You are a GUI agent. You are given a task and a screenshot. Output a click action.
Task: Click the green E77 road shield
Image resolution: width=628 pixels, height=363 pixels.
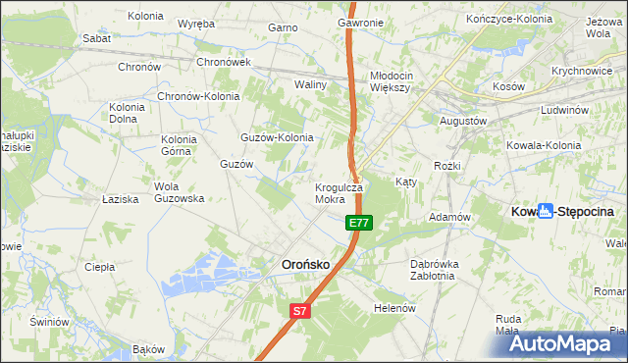359,224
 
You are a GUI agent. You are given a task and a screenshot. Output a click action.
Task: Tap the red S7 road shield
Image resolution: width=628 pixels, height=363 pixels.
300,312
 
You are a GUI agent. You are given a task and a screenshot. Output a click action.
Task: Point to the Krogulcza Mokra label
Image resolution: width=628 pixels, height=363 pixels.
339,193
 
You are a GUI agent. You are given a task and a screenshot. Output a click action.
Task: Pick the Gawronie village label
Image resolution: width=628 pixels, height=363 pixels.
360,23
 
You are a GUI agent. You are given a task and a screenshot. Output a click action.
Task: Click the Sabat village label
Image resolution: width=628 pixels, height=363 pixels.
97,37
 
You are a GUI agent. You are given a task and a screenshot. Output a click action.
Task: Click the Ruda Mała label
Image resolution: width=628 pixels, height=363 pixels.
507,325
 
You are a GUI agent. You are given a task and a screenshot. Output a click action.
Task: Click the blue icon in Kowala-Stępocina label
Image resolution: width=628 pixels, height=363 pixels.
547,211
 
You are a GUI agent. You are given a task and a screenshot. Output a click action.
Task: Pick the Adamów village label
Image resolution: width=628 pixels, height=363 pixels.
451,217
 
